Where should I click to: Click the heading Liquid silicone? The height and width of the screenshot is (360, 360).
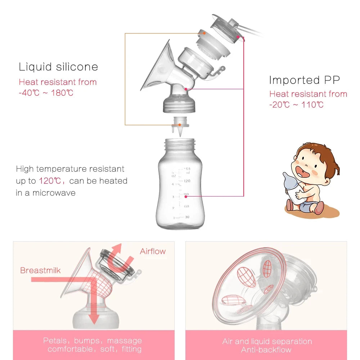(58, 67)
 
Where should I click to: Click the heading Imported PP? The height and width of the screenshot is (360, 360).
(304, 80)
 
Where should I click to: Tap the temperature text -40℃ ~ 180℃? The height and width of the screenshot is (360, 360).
(46, 93)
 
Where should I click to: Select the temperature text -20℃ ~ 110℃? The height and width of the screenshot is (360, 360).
(296, 105)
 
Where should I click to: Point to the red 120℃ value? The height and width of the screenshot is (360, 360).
(48, 181)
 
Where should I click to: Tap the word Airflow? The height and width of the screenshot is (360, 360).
(153, 251)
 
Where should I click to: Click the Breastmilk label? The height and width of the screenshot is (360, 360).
(41, 270)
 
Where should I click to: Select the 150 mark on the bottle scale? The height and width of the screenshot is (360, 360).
(186, 169)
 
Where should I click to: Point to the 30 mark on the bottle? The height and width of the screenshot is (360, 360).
(186, 217)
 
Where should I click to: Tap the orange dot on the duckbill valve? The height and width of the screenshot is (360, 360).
(180, 125)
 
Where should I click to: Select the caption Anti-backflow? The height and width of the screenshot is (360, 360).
(266, 350)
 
